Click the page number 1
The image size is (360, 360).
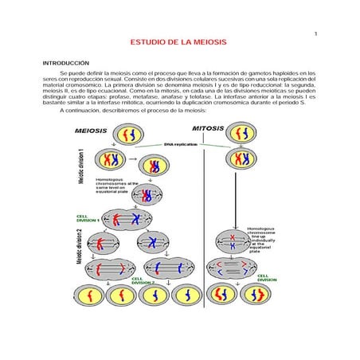pyautogui.click(x=316, y=33)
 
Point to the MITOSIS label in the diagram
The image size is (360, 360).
pyautogui.click(x=209, y=128)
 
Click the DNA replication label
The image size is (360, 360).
pyautogui.click(x=180, y=144)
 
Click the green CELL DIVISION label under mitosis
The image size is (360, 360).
pyautogui.click(x=267, y=278)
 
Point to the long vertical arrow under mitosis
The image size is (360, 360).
pyautogui.click(x=237, y=199)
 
